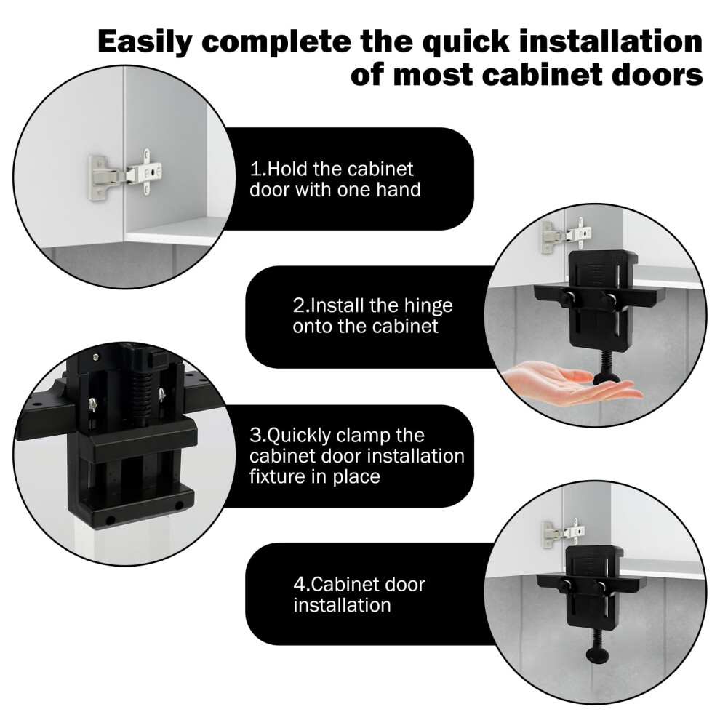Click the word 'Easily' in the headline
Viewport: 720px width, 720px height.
pyautogui.click(x=145, y=43)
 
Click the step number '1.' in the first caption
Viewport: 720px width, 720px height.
pyautogui.click(x=257, y=169)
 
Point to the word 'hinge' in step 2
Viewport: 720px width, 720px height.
pyautogui.click(x=427, y=306)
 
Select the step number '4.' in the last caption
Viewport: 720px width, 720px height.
pyautogui.click(x=301, y=585)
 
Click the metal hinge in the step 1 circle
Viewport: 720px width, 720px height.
pyautogui.click(x=125, y=174)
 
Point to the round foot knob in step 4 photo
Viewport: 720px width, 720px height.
pyautogui.click(x=597, y=655)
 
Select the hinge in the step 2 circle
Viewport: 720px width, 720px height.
pyautogui.click(x=566, y=235)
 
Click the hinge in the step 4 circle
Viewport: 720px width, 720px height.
pyautogui.click(x=564, y=534)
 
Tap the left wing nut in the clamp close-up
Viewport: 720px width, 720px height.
pyautogui.click(x=93, y=404)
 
